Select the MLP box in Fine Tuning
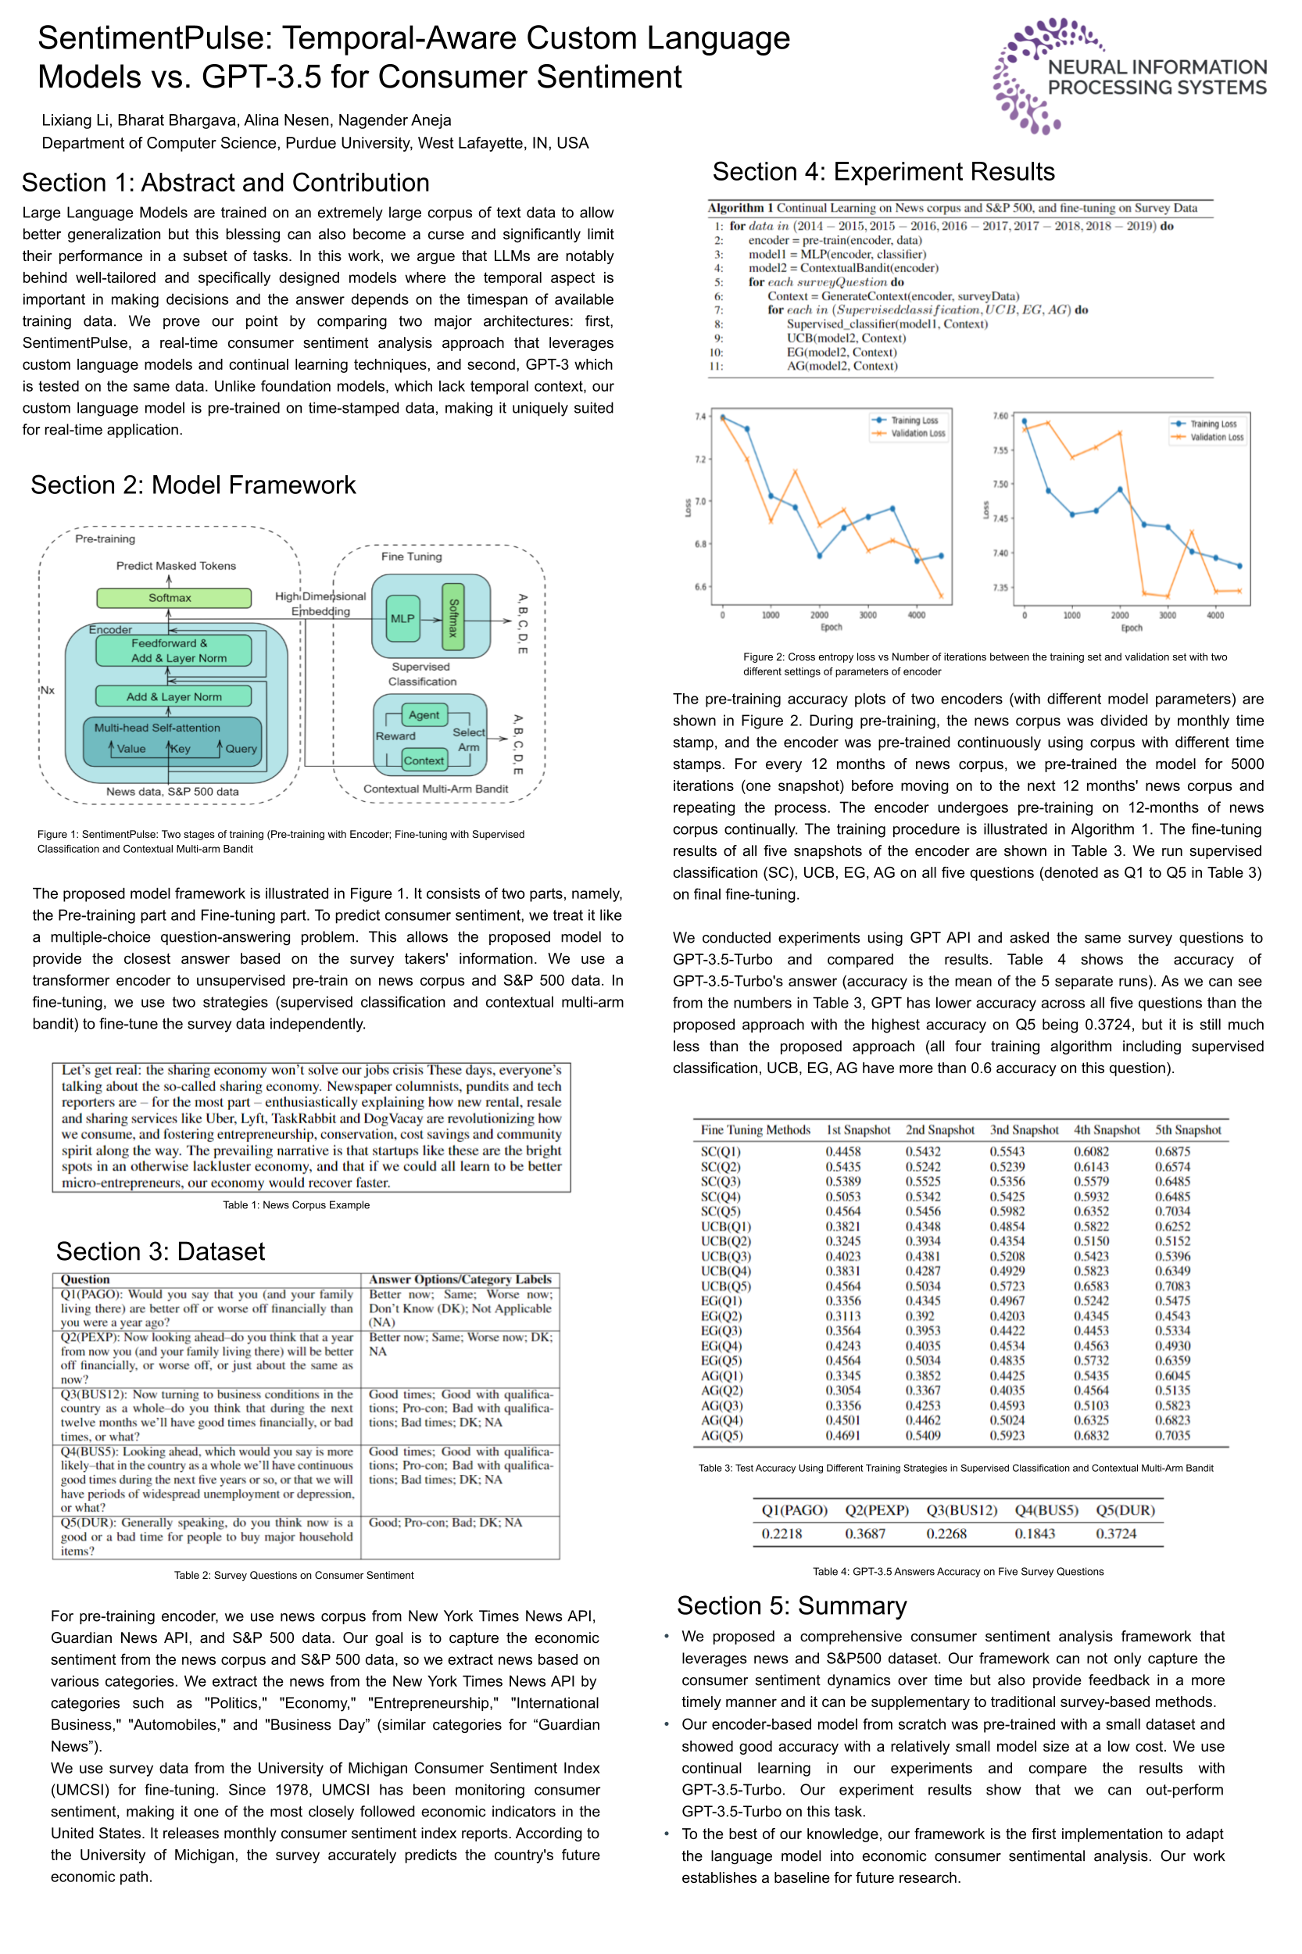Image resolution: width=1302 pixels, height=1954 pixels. coord(402,619)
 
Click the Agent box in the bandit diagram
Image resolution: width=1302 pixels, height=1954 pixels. coord(424,715)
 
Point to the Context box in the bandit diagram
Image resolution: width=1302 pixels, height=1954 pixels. coord(424,760)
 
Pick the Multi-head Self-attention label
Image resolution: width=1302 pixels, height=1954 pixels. coord(157,728)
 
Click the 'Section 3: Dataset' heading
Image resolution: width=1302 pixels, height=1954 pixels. coord(160,1251)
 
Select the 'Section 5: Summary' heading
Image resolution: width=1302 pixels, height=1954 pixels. coord(792,1605)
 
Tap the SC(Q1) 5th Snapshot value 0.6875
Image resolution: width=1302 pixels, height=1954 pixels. coord(1171,1152)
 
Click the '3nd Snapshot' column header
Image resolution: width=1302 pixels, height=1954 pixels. coord(1024,1130)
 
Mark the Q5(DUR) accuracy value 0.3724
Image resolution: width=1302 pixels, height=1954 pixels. coord(1116,1533)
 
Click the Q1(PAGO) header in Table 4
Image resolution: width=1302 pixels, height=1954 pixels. coord(795,1510)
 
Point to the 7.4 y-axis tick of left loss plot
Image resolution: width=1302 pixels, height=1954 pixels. coord(700,416)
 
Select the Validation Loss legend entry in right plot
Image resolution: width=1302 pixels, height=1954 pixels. coord(1217,437)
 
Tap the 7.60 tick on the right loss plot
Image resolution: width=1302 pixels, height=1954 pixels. coord(1000,415)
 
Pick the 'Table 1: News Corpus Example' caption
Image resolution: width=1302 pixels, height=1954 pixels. coord(296,1205)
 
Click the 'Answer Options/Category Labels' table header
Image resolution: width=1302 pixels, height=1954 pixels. coord(460,1279)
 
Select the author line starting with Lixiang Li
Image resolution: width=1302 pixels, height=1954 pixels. coord(247,120)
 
